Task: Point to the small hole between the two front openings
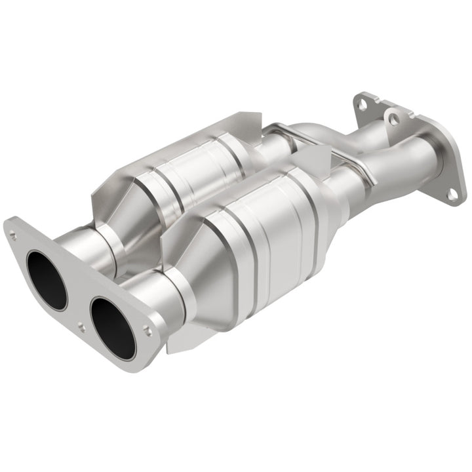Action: tap(81, 325)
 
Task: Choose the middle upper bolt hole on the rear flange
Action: tap(393, 118)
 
